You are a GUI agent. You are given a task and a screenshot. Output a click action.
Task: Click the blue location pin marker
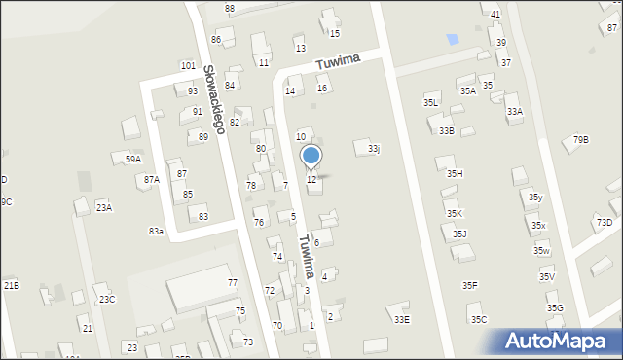(x=311, y=157)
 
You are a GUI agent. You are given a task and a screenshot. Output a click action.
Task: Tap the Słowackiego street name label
(x=214, y=98)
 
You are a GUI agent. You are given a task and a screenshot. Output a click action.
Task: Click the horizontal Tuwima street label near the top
(x=338, y=61)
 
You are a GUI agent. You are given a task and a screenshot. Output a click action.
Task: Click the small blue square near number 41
(x=452, y=40)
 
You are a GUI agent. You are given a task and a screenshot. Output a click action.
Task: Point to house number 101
(x=188, y=66)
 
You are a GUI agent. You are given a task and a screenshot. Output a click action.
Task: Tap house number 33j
(x=374, y=149)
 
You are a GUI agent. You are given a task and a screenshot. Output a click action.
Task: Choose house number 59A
(x=132, y=159)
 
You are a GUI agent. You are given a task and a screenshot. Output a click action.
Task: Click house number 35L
(x=430, y=102)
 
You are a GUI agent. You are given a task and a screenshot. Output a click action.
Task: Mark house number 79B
(x=580, y=140)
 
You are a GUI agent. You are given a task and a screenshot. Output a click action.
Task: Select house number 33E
(x=401, y=319)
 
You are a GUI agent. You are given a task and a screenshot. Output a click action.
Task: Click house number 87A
(x=151, y=179)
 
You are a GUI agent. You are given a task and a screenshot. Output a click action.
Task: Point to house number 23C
(x=106, y=299)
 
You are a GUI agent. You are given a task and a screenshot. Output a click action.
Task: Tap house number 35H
(x=455, y=173)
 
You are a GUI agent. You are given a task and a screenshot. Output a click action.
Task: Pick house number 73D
(x=605, y=223)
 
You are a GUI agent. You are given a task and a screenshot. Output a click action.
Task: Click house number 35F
(x=469, y=285)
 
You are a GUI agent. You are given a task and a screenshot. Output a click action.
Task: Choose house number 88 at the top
(x=230, y=9)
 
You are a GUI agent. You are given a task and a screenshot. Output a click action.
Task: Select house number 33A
(x=514, y=112)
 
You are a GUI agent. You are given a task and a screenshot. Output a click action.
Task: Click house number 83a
(x=156, y=231)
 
